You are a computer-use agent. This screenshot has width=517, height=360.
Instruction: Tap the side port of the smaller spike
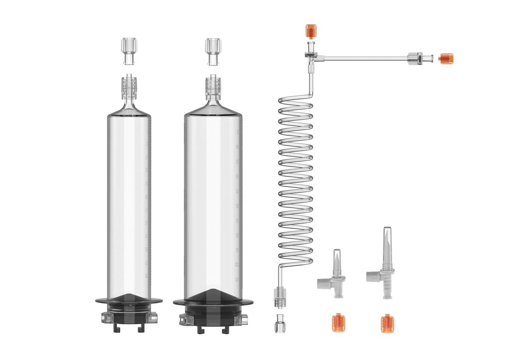(323, 283)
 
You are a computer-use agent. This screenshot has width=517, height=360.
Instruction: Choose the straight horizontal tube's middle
(365, 57)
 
